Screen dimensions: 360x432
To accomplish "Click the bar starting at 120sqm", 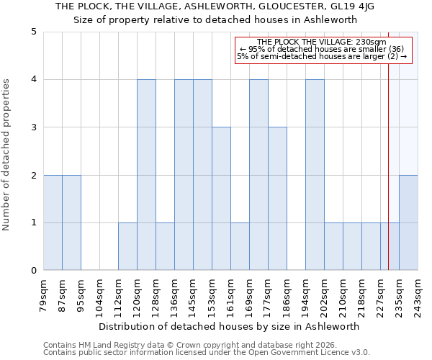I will [146, 175].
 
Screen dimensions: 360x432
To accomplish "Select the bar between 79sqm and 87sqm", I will [53, 222].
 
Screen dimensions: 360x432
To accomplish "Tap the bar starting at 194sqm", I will [315, 175].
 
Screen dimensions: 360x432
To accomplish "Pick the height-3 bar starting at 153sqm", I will [221, 199].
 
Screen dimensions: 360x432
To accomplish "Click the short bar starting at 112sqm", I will [127, 246].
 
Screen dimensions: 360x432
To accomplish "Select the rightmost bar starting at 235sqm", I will [408, 222].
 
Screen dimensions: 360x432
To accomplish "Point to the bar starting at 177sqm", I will [277, 199].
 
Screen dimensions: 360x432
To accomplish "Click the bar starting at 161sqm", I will [240, 246].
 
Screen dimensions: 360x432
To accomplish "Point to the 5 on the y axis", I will [34, 32].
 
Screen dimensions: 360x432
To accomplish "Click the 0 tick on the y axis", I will [34, 271].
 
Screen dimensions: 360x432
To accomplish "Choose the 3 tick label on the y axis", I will [34, 127].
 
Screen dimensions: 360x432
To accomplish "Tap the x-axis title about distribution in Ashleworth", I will [229, 326].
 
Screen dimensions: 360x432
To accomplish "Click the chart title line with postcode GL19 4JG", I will [215, 6].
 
